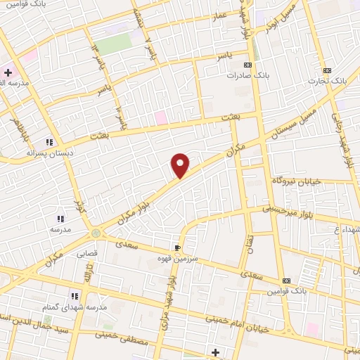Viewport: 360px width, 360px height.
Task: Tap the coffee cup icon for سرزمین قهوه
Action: [x=178, y=247]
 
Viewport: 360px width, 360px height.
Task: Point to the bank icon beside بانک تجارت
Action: [x=326, y=70]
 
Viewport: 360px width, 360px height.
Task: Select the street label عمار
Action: [x=221, y=15]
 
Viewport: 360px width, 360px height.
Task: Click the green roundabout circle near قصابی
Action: [x=96, y=233]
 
